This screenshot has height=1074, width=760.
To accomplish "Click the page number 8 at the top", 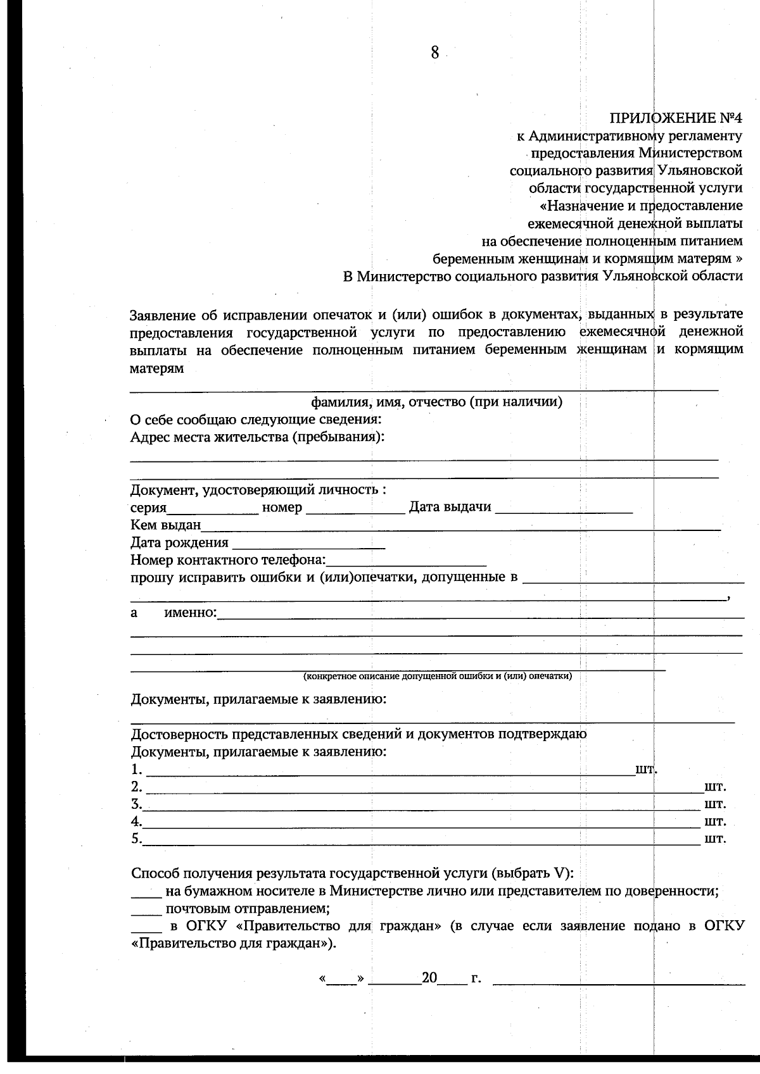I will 434,53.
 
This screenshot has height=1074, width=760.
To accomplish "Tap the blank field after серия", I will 212,508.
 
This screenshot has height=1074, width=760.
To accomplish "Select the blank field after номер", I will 355,508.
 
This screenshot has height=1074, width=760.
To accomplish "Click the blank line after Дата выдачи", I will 563,508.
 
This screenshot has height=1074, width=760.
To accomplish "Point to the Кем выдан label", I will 165,525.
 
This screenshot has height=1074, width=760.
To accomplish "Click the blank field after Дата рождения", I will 308,543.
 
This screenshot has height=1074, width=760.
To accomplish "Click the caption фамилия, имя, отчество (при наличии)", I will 436,403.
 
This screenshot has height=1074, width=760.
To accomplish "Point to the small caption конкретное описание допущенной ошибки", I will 438,677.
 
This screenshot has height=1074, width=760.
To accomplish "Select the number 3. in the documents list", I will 136,804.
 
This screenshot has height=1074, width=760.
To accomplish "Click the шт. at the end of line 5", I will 715,840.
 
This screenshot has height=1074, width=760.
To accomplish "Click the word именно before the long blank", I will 189,613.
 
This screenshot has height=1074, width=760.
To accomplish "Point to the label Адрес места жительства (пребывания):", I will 257,437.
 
